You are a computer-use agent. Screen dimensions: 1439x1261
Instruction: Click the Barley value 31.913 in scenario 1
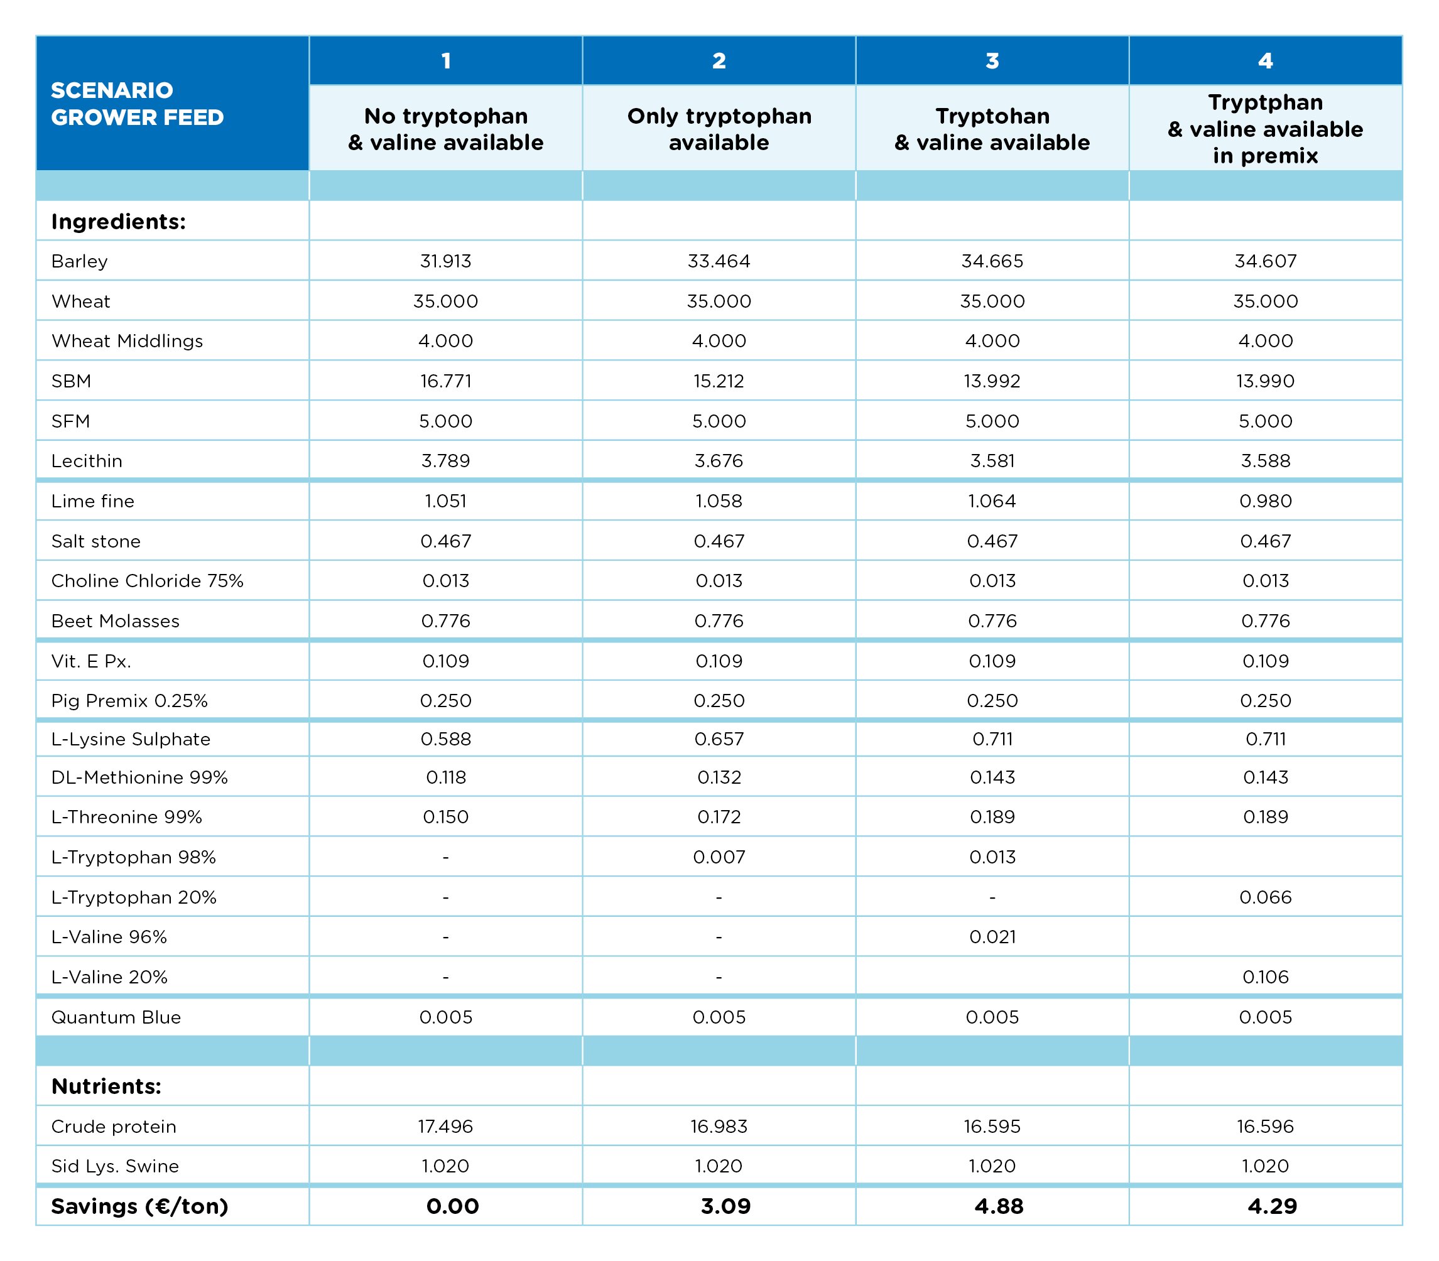click(x=445, y=261)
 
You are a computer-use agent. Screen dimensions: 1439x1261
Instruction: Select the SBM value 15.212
click(x=719, y=381)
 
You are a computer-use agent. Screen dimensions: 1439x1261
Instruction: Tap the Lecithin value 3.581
click(x=992, y=461)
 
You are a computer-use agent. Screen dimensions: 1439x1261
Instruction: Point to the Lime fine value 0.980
click(x=1265, y=501)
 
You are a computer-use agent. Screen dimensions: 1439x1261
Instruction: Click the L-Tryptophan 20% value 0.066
click(x=1265, y=897)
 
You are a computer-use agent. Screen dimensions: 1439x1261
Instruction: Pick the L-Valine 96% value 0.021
click(x=992, y=936)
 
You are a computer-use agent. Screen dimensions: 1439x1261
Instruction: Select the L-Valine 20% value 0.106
click(x=1265, y=977)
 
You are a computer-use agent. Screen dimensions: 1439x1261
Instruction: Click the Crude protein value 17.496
click(x=445, y=1127)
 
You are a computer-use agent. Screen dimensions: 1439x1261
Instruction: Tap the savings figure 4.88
click(x=999, y=1206)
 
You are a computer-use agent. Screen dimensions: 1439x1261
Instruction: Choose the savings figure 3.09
click(x=725, y=1206)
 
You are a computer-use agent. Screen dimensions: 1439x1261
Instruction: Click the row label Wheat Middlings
click(x=127, y=341)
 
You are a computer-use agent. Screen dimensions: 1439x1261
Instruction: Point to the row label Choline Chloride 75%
click(x=147, y=580)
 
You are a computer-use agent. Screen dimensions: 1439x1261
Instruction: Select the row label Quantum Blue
click(x=116, y=1017)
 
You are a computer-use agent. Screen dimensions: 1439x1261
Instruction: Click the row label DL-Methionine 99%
click(x=139, y=777)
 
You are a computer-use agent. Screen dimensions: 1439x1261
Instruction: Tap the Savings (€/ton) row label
click(x=140, y=1206)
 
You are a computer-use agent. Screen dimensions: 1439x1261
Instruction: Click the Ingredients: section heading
click(x=119, y=222)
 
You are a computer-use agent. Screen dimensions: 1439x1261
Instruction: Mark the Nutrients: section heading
click(x=106, y=1086)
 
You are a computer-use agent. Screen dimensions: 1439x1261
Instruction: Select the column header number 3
click(x=992, y=61)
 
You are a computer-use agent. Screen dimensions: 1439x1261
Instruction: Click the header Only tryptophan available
click(x=719, y=129)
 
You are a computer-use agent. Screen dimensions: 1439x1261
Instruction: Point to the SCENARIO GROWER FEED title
click(x=137, y=104)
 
